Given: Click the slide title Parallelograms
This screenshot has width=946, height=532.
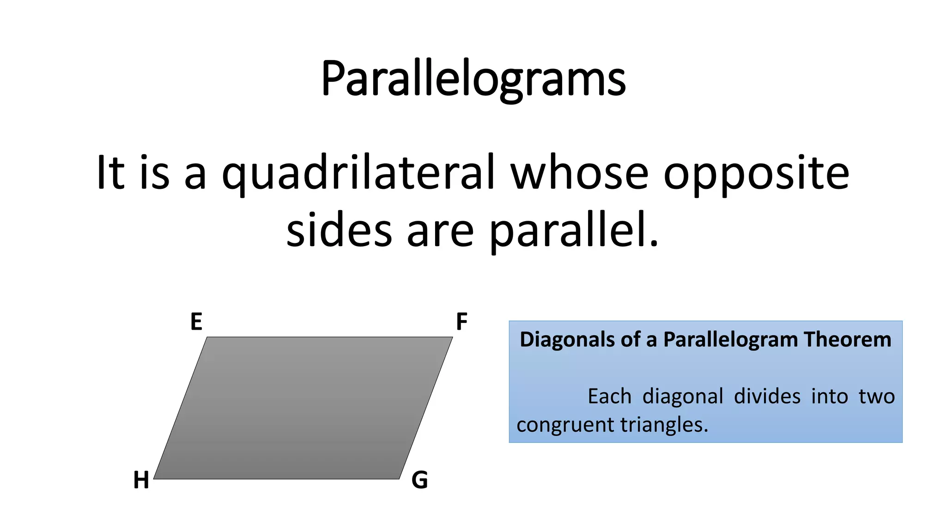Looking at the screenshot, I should [x=473, y=79].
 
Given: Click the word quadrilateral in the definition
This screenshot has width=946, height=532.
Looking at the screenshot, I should [x=359, y=173].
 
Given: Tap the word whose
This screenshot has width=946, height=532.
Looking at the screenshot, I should [x=579, y=173].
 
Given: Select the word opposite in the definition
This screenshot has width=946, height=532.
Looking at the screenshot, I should [x=756, y=173].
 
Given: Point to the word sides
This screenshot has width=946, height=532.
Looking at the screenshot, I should [x=339, y=231].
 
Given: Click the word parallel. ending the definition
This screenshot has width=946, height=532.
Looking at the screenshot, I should [x=573, y=231].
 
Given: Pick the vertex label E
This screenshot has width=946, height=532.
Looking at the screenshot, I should [x=196, y=322].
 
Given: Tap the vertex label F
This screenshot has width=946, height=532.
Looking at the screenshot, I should [x=461, y=322].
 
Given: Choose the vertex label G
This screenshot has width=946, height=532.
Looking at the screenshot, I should [x=419, y=480].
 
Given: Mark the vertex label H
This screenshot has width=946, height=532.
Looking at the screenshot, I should [x=141, y=480].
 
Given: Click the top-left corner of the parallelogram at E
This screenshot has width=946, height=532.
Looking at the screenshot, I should [x=207, y=338].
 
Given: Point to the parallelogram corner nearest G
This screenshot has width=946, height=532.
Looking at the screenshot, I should [x=399, y=478].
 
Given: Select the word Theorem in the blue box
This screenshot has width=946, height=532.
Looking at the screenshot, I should [x=847, y=340].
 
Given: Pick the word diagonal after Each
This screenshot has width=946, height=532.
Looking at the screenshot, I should [x=683, y=397].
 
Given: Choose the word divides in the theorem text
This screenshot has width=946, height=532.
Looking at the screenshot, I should [x=767, y=397].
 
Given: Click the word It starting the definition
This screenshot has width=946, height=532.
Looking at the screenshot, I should [x=110, y=173].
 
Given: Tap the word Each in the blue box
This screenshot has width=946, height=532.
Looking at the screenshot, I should [x=609, y=397].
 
